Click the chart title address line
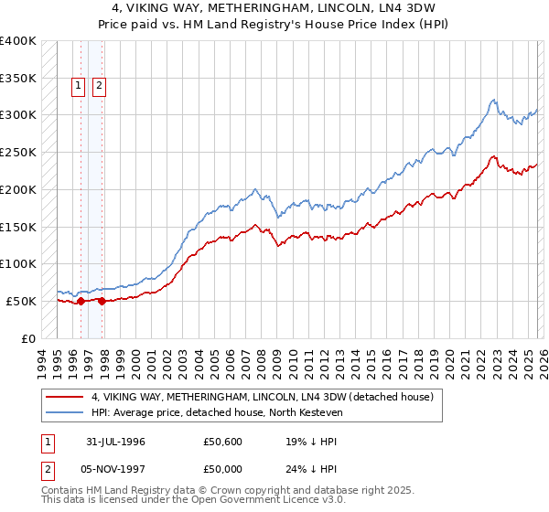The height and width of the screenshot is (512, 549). (274, 8)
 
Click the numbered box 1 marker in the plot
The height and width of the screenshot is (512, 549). (79, 87)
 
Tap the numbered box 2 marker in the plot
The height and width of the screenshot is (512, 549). (99, 87)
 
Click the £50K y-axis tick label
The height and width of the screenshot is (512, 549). (20, 301)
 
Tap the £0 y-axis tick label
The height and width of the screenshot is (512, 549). (28, 338)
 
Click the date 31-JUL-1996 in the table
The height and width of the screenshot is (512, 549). (117, 442)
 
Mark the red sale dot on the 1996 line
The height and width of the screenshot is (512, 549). (81, 301)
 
